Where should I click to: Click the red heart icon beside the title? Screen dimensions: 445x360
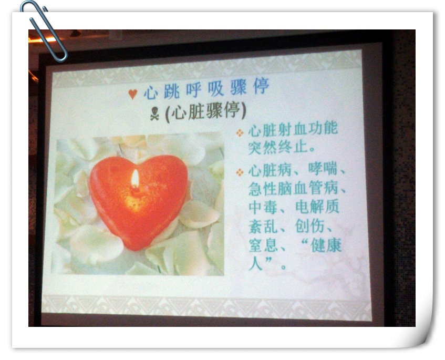point(132,94)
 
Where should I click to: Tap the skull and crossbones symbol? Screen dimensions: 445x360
point(154,114)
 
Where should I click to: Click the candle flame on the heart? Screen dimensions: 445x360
point(135,179)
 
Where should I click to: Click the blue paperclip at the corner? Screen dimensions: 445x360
point(44,31)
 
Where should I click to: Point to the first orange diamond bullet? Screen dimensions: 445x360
point(240,133)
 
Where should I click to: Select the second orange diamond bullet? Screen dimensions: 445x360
point(240,172)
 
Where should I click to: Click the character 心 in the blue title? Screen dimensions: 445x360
point(150,92)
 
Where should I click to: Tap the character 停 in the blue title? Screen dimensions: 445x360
point(261,86)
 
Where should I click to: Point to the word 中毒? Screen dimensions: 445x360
point(263,207)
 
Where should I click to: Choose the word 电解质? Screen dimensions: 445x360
point(317,207)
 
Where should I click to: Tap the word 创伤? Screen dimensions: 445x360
point(309,226)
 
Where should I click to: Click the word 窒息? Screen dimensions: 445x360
point(263,246)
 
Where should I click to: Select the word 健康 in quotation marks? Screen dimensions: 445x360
point(326,245)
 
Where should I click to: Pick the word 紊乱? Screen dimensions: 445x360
point(263,227)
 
